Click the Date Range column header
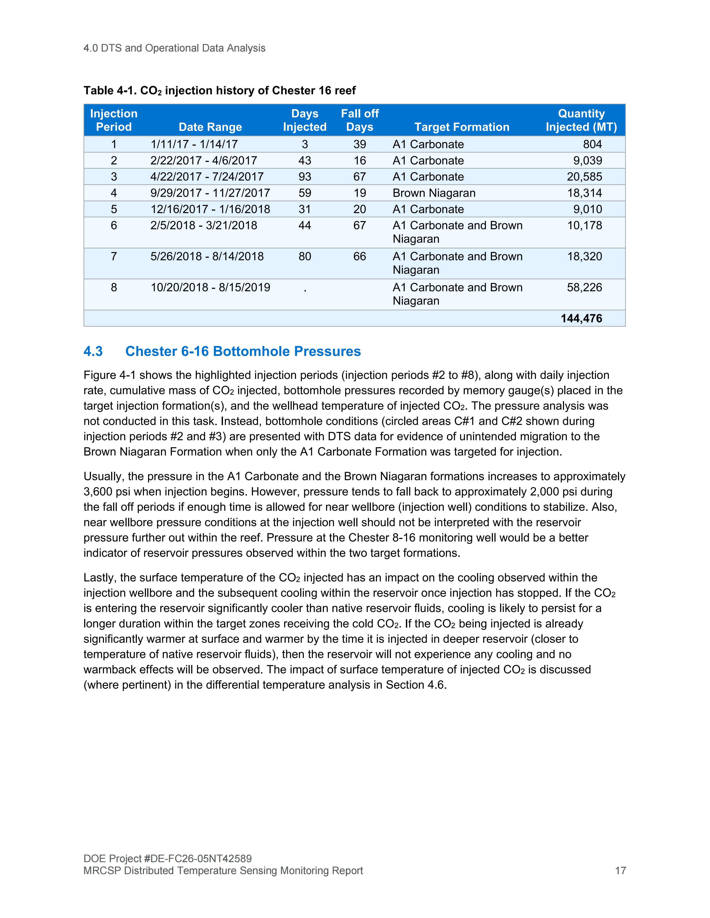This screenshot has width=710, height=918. (x=210, y=127)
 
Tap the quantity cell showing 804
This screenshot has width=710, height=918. (x=592, y=144)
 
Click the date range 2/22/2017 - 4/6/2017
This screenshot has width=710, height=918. (x=204, y=161)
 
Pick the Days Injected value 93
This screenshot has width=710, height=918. (x=305, y=176)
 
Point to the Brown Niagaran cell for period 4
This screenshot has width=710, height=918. (x=434, y=193)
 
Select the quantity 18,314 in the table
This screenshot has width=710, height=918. (x=584, y=193)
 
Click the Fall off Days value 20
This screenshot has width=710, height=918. (x=360, y=209)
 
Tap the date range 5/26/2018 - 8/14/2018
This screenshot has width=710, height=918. (x=207, y=256)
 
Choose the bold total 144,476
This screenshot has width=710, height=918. (x=581, y=318)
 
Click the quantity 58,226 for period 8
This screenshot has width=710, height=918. (x=584, y=288)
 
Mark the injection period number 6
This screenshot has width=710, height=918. (x=114, y=225)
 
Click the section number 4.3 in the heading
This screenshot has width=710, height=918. (x=93, y=351)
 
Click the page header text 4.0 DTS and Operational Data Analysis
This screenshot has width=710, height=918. (x=174, y=48)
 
